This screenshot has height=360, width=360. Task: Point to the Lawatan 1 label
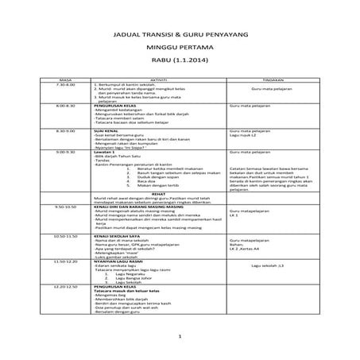coord(104,151)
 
